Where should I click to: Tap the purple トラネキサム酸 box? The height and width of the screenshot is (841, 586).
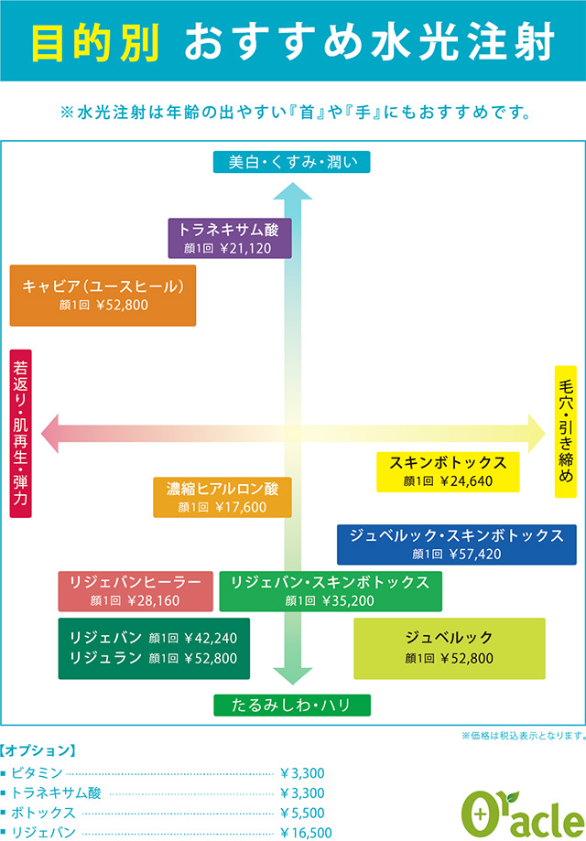pos(230,238)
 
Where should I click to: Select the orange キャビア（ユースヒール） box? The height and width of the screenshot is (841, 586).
pos(103,295)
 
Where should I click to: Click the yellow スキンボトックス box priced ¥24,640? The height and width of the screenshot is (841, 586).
pos(448,471)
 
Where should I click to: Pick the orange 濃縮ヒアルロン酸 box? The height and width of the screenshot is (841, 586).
pos(222,497)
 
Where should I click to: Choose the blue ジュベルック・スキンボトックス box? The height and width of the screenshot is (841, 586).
pos(456,544)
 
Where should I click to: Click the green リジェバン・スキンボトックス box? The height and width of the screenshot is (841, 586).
pos(330,591)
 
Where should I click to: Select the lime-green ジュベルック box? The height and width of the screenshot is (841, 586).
pos(449,647)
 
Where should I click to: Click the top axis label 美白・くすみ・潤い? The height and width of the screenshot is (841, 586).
pos(293,163)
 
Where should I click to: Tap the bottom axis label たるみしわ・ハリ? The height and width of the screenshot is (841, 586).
pos(293,705)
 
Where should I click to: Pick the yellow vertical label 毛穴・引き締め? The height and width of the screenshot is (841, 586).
pos(565,431)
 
